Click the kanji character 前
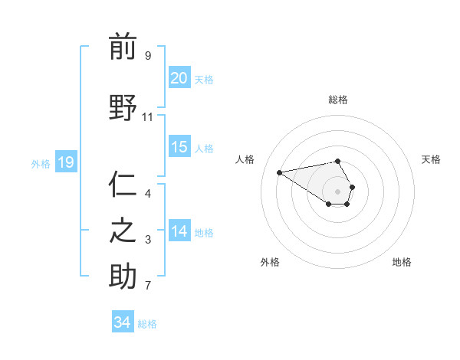(123, 47)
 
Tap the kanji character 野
(123, 107)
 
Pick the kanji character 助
(123, 276)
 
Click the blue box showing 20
(179, 78)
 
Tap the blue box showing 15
(179, 147)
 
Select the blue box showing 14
(179, 231)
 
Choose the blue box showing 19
(65, 162)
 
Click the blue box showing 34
(122, 322)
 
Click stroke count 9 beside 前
(147, 55)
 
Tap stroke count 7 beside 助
(147, 286)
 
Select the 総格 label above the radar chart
(338, 100)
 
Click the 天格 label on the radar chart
(431, 159)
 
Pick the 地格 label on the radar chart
(402, 262)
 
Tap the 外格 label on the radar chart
(270, 262)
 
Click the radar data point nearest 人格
(280, 172)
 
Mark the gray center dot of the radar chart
(338, 191)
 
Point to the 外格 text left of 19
(40, 163)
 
